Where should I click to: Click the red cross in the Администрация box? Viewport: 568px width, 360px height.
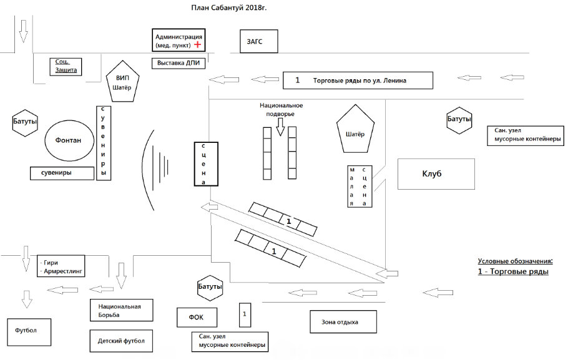[x=198, y=46]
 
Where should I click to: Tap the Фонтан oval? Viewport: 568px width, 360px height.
[x=69, y=140]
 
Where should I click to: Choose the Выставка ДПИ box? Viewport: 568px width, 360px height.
[x=179, y=63]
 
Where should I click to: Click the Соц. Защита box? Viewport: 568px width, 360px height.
[x=66, y=66]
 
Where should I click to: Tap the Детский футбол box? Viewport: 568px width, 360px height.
[x=121, y=342]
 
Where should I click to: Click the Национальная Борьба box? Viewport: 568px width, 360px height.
[x=121, y=310]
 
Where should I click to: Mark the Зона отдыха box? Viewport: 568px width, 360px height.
[x=343, y=321]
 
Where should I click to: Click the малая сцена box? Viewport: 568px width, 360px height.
[x=361, y=187]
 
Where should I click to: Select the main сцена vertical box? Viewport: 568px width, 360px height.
[x=205, y=163]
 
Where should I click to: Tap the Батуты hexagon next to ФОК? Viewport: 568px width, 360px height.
[x=210, y=287]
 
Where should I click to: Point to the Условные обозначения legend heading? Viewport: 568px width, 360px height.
[x=516, y=261]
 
